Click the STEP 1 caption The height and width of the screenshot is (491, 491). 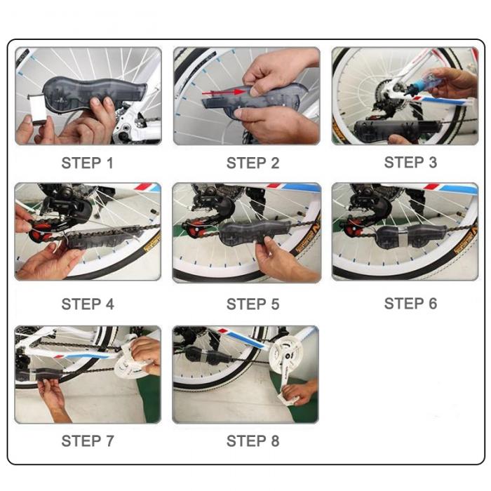88,163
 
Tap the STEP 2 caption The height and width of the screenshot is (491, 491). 253,163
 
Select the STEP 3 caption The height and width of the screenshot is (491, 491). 410,163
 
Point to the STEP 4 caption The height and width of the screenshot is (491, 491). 88,304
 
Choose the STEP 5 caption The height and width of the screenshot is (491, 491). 253,304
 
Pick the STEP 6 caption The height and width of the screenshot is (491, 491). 410,304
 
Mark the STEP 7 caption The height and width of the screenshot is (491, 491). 88,441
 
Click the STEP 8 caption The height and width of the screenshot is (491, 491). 253,441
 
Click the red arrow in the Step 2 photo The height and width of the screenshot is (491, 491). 223,92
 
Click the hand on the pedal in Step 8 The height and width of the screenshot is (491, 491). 299,392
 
